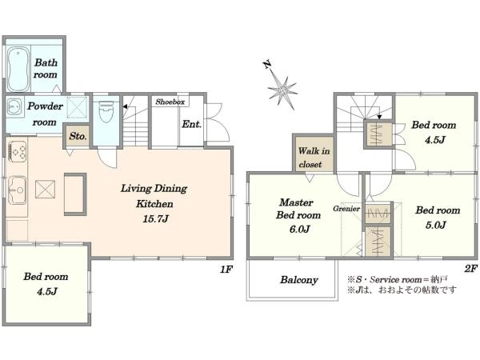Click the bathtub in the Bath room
(18, 69)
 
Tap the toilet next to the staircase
(106, 111)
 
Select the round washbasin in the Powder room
(14, 107)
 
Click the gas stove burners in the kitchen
(18, 151)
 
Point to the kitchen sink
(17, 190)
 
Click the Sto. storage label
(77, 136)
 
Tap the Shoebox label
(170, 102)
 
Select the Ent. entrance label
(192, 124)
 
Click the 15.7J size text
(155, 218)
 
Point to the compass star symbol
(282, 90)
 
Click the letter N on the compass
(267, 65)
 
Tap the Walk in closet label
(314, 158)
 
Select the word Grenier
(346, 209)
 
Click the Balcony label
(299, 280)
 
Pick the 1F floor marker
(226, 270)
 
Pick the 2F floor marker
(470, 269)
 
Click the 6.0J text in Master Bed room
(299, 229)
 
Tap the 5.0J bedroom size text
(436, 225)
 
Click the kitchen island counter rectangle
(75, 194)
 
